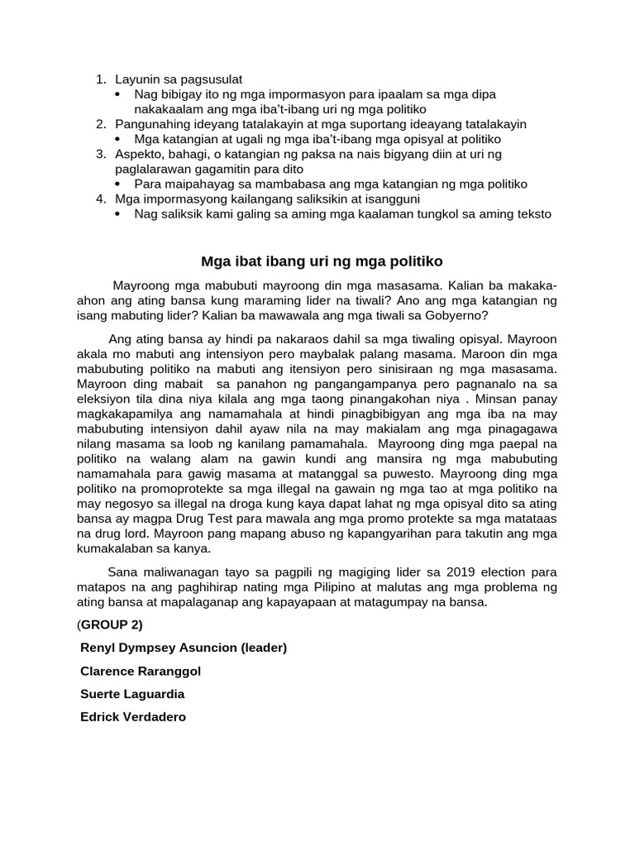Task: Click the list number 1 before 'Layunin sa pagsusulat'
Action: (x=100, y=79)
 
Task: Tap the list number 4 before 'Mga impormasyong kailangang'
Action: (x=100, y=199)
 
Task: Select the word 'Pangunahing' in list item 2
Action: (x=150, y=124)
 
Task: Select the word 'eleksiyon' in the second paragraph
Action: (x=104, y=399)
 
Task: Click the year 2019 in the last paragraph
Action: (x=461, y=572)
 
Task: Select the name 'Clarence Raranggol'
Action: (x=141, y=671)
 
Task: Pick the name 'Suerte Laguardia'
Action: (x=132, y=694)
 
